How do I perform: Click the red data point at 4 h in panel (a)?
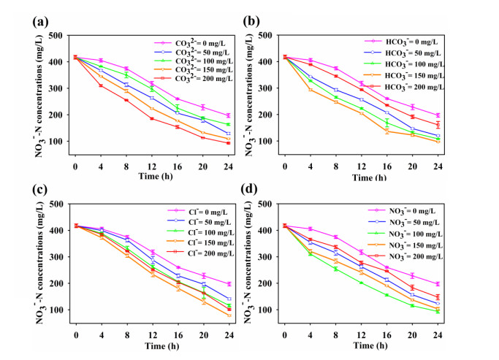pos(100,85)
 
